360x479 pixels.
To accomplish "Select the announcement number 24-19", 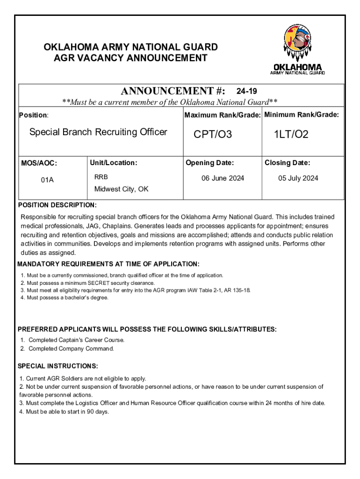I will (246, 91).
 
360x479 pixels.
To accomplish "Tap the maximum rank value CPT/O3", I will (213, 135).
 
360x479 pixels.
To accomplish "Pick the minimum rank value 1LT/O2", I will (291, 135).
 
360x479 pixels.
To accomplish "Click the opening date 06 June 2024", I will (223, 178).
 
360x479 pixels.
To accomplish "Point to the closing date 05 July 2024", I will (298, 178).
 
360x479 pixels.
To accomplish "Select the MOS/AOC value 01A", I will (47, 179).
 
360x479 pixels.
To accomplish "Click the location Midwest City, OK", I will (122, 189).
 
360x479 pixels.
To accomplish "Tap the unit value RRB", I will (101, 177).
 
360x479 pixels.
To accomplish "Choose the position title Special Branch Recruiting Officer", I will (98, 132).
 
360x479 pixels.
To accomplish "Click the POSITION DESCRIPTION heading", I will (57, 205).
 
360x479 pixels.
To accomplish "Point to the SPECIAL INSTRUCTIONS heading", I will (58, 366).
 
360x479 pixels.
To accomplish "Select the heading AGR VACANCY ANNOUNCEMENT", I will (130, 58).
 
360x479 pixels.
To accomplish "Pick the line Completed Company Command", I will (71, 348).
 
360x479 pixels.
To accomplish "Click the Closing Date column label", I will (287, 163).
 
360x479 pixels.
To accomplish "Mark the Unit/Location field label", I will (114, 163).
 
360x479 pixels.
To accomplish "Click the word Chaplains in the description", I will (118, 225).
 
